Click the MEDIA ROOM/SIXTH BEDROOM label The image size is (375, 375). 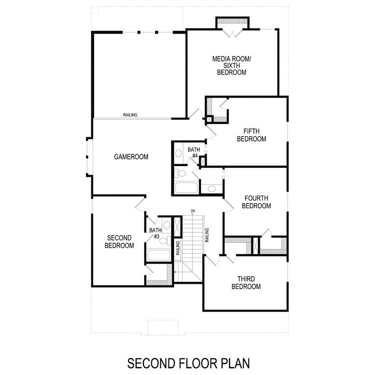(231, 65)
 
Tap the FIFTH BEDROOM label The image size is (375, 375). (251, 135)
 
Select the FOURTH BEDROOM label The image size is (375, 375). (256, 202)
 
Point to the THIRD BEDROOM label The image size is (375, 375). (246, 283)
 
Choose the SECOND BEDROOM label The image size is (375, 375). (119, 242)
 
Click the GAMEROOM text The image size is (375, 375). (131, 157)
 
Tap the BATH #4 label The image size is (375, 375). (194, 152)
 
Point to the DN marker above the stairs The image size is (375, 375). (193, 211)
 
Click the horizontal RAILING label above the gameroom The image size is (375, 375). (130, 115)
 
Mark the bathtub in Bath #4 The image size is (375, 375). (186, 187)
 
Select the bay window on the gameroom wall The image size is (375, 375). (88, 156)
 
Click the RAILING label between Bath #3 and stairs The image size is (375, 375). (178, 248)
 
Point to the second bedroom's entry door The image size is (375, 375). (140, 204)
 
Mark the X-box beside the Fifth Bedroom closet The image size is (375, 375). (209, 119)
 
